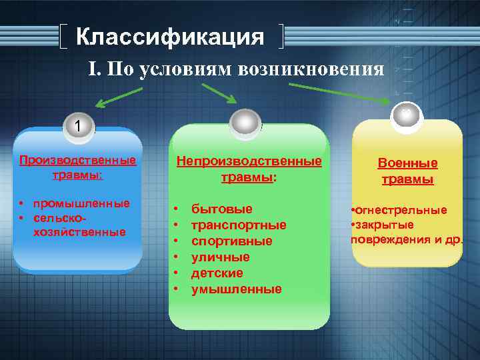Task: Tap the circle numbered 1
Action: coord(78,125)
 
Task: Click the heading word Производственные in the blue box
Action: coord(77,160)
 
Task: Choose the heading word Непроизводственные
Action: coord(249,161)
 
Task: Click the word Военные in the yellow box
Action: coord(407,163)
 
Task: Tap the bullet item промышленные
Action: coord(81,203)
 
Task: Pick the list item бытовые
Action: coord(222,209)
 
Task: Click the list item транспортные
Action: coord(239,225)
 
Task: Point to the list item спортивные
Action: coord(231,241)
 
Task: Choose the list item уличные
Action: coord(221,257)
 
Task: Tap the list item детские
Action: coord(217,273)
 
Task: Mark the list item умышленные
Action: coord(236,289)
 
